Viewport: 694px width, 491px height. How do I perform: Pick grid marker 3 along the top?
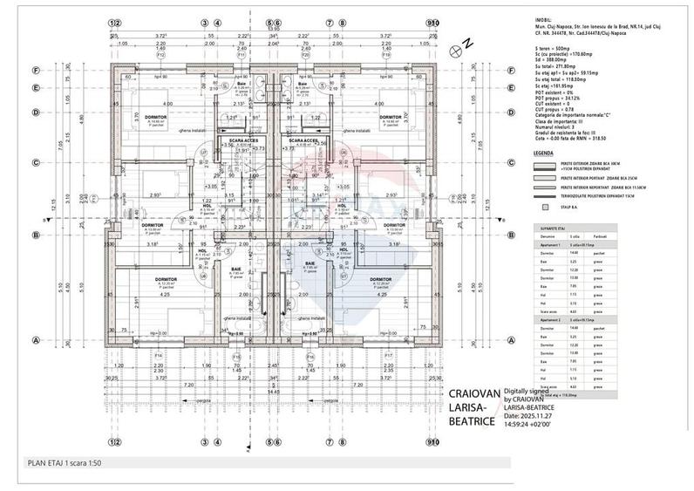(x=204, y=23)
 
